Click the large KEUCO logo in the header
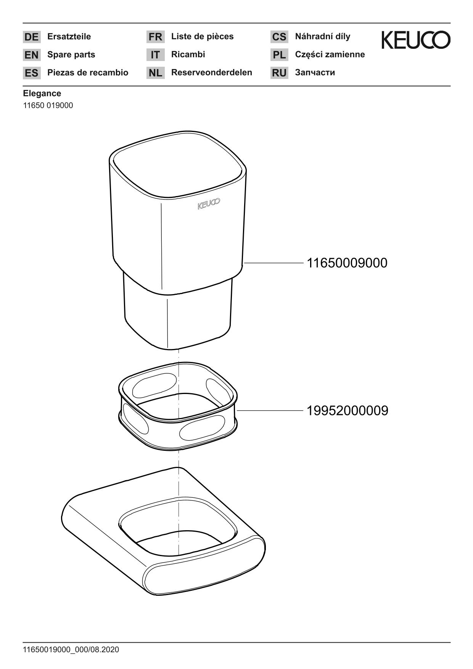[416, 40]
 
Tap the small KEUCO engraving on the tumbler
[209, 204]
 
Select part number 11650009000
[347, 263]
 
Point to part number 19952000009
[348, 410]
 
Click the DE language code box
[32, 37]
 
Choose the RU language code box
[279, 72]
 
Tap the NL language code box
[155, 72]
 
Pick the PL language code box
[279, 55]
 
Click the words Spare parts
[71, 55]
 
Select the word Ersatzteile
[69, 37]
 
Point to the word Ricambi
[188, 54]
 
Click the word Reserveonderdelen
[212, 72]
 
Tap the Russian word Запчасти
[315, 72]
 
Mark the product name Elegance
[42, 93]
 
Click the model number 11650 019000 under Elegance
[48, 105]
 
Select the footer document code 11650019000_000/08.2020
[71, 649]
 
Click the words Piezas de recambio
[88, 72]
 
